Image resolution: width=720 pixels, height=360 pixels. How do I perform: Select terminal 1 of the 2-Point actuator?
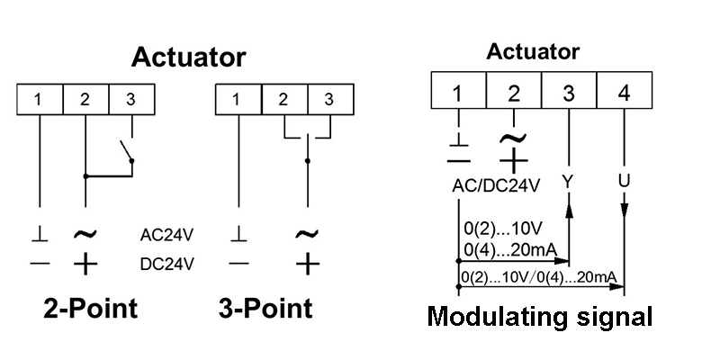pos(39,98)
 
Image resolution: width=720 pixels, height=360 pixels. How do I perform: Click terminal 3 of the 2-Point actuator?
pos(130,98)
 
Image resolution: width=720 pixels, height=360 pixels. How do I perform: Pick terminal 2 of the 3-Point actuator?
pos(283,98)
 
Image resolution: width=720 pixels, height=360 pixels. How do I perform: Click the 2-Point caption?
pos(91,309)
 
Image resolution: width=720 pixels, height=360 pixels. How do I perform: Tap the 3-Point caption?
pos(265,309)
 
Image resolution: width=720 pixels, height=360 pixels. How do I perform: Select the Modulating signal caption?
pos(539,317)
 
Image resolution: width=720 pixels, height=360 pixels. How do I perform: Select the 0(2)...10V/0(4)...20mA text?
pos(536,277)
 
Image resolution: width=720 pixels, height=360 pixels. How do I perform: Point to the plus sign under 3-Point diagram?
pos(307,264)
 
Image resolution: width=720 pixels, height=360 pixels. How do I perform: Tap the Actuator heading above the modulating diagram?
pos(533,51)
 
